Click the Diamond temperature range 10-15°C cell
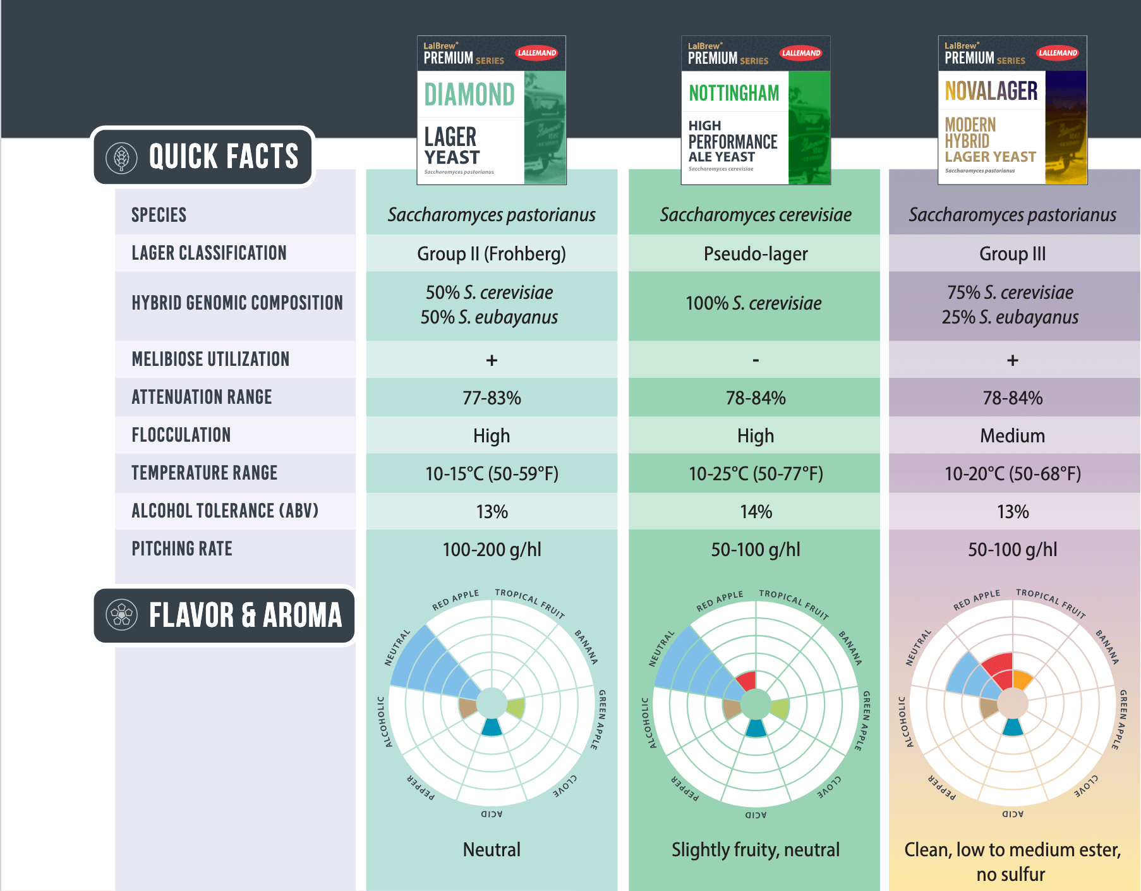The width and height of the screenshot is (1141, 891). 492,473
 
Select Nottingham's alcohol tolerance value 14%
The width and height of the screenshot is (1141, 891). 756,511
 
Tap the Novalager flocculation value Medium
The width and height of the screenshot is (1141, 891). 1012,435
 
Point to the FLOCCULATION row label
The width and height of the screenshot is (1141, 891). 181,435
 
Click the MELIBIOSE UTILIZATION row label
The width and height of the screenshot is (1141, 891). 210,359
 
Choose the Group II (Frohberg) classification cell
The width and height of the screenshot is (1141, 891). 492,253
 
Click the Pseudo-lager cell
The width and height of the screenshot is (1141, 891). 756,253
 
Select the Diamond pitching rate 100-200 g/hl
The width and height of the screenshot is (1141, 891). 492,549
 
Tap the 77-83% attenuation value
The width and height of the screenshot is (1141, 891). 492,397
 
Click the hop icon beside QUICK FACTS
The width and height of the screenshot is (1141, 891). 122,157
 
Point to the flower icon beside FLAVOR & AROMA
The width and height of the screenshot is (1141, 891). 122,615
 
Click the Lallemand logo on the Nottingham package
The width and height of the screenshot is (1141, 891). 800,53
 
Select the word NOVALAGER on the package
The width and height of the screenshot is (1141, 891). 991,91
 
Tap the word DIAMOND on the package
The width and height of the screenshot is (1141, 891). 469,95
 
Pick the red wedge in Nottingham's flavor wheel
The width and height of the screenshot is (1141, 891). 747,681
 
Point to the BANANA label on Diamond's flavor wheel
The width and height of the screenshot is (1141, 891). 586,646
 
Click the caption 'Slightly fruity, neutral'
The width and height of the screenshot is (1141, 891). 756,849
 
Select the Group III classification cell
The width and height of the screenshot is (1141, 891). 1012,253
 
